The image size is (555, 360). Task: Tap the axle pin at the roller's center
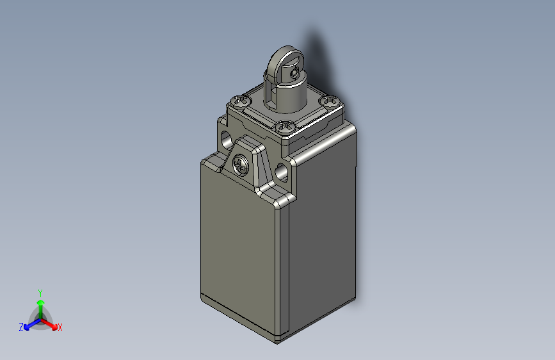[294, 74]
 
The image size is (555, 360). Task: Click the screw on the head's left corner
[241, 101]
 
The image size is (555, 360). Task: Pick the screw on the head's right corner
[330, 101]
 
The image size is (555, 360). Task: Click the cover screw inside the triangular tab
[241, 165]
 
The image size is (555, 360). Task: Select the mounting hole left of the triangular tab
[226, 139]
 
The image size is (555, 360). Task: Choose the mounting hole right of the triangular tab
[282, 172]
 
